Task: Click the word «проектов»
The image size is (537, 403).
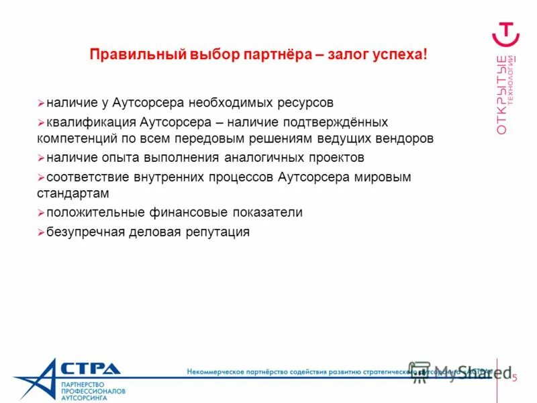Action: (x=335, y=158)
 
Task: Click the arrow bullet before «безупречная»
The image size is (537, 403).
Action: (x=41, y=232)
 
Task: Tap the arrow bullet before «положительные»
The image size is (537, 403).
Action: (x=41, y=213)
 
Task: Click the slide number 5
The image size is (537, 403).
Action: (x=514, y=378)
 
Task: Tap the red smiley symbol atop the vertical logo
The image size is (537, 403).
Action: (x=507, y=33)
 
